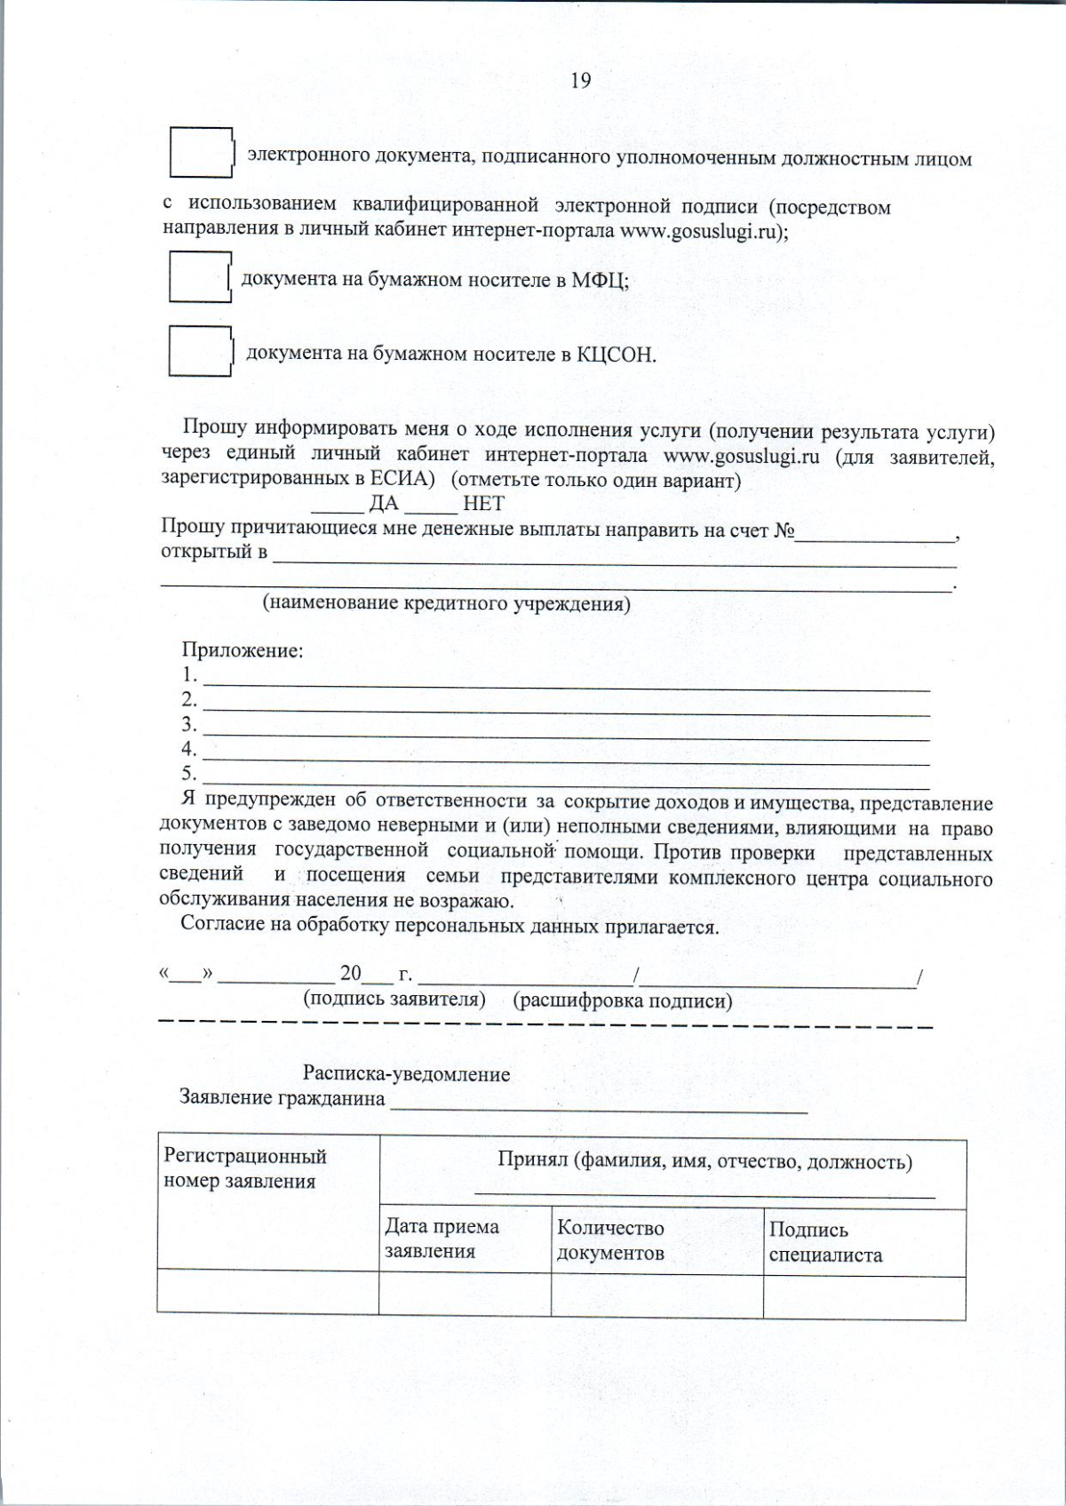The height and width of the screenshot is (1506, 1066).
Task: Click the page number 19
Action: click(x=580, y=81)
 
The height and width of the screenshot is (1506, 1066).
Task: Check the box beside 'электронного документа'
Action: click(x=201, y=153)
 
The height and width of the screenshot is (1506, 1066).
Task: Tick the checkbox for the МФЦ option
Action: click(x=200, y=277)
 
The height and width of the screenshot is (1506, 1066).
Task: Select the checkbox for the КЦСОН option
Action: click(x=200, y=351)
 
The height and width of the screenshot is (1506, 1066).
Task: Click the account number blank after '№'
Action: click(x=875, y=537)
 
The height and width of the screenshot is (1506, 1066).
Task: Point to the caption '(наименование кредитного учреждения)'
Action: click(x=446, y=604)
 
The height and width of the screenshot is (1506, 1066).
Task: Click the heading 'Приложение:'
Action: click(x=243, y=650)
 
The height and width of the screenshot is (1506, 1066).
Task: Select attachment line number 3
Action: click(x=567, y=734)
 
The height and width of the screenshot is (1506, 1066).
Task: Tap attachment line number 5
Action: click(x=567, y=783)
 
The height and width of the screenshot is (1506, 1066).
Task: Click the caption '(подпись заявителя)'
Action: click(x=394, y=999)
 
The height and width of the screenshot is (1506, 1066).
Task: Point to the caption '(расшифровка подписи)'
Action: click(x=623, y=1001)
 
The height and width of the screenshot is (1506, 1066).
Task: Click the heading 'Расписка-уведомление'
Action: click(x=406, y=1074)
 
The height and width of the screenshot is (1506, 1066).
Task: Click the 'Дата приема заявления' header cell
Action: click(x=465, y=1239)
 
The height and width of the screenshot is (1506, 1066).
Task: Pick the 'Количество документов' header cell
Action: click(x=656, y=1241)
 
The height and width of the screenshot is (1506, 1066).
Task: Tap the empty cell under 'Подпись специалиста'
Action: click(x=863, y=1297)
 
